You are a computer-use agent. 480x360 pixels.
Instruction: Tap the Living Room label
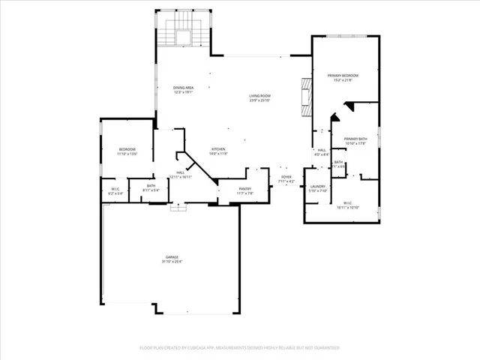coord(260,95)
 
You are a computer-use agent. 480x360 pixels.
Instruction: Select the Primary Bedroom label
coord(343,76)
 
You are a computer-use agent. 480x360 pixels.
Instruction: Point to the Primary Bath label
coord(355,139)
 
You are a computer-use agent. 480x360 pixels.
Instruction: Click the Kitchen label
coord(217,148)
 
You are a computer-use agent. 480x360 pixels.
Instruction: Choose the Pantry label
coord(244,189)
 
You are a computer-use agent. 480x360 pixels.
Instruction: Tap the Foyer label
coord(286,177)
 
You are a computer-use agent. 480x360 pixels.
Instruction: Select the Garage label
coord(172,257)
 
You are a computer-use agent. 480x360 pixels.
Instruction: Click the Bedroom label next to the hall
coord(127,149)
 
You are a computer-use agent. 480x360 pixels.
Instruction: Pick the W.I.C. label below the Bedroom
coord(116,188)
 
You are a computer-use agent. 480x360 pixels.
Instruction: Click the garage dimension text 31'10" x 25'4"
coord(172,262)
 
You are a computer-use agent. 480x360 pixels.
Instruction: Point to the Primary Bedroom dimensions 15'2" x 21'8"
coord(343,80)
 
